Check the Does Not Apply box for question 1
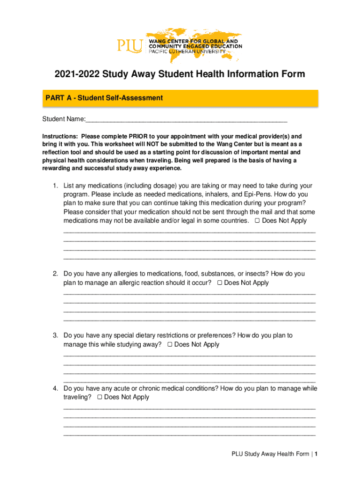click(257, 221)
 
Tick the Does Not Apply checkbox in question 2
click(219, 283)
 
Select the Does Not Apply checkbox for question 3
click(170, 345)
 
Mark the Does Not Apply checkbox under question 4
click(100, 397)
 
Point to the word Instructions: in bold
click(60, 136)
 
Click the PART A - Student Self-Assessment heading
click(104, 98)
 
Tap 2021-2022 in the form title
click(77, 74)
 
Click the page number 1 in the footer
click(317, 454)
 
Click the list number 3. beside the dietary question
click(55, 335)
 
